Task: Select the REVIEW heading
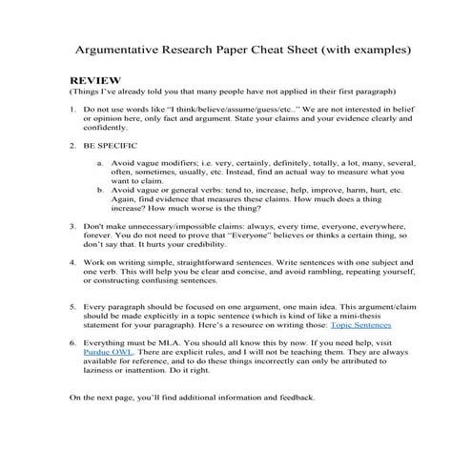tap(95, 82)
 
